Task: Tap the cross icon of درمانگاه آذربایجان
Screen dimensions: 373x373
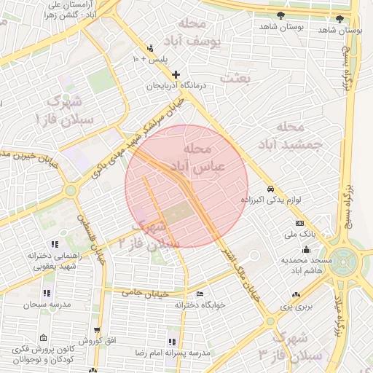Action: point(176,74)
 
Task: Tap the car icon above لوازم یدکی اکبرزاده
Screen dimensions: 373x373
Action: point(270,187)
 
